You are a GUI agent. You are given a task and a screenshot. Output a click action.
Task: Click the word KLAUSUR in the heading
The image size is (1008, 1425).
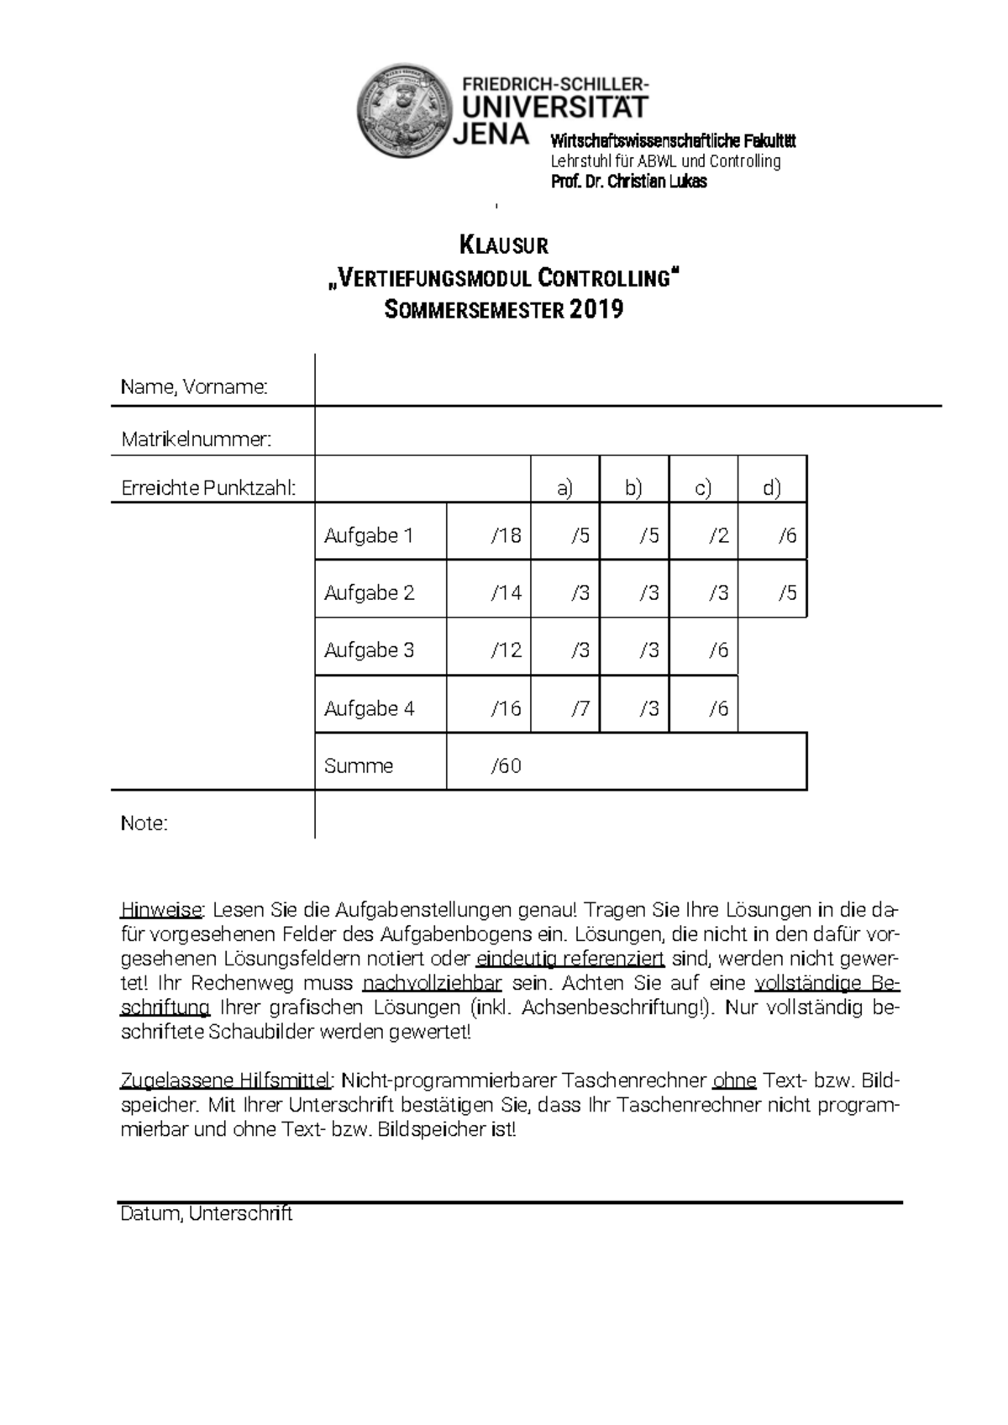[x=504, y=246]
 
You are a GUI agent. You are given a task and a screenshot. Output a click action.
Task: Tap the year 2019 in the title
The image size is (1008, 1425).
[x=596, y=310]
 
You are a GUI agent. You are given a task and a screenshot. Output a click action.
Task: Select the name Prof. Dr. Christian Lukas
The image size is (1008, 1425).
[x=628, y=181]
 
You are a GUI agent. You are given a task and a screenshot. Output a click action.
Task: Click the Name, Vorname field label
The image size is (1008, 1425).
[x=194, y=387]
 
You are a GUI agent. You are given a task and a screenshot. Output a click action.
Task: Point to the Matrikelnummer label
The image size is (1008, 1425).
[x=197, y=439]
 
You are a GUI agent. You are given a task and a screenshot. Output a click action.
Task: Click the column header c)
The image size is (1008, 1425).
[x=703, y=488]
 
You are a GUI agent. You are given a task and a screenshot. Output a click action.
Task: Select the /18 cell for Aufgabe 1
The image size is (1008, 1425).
[x=506, y=535]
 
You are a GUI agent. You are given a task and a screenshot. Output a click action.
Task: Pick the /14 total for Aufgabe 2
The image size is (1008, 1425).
[x=506, y=593]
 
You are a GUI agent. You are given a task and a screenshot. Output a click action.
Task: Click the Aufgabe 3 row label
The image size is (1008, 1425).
[x=369, y=650]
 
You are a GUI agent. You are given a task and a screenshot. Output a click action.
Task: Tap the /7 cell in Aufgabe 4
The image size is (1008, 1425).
[x=580, y=708]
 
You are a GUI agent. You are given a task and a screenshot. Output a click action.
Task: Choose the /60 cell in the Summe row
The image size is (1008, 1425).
[x=506, y=766]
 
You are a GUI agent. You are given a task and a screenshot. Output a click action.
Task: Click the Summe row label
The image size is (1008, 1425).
[x=359, y=766]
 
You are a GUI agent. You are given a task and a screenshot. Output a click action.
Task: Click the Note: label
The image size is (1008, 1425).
[x=144, y=823]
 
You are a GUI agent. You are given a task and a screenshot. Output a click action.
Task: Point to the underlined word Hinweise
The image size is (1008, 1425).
[x=161, y=910]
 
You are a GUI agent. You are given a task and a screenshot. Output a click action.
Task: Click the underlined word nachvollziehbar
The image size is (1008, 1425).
[x=432, y=983]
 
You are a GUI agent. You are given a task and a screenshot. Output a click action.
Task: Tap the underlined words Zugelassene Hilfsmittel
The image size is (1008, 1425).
[x=227, y=1081]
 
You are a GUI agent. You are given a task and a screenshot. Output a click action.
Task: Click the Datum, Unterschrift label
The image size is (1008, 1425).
[x=207, y=1214]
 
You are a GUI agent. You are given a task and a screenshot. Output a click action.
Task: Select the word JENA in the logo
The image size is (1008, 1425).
[x=491, y=134]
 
